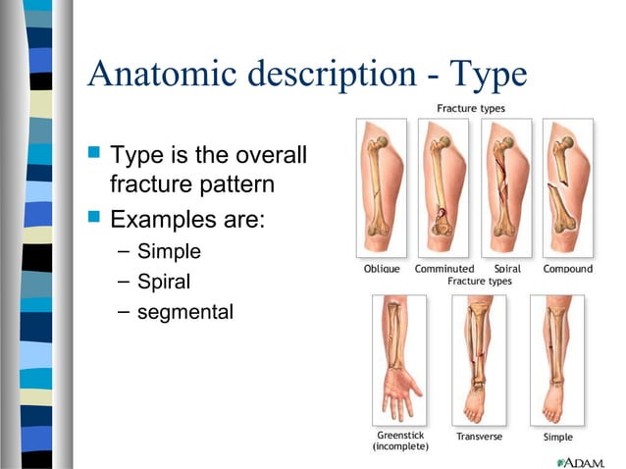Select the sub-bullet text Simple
click(x=169, y=251)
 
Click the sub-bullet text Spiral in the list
click(x=164, y=283)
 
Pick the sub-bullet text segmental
click(x=185, y=313)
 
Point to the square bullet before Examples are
click(x=94, y=217)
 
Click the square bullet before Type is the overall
click(x=94, y=153)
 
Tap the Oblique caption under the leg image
click(x=382, y=268)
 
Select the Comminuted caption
click(x=443, y=268)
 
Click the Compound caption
click(x=567, y=268)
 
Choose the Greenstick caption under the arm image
click(x=400, y=435)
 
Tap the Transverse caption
click(x=479, y=436)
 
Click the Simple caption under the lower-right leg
click(x=557, y=437)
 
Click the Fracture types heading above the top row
click(x=471, y=108)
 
